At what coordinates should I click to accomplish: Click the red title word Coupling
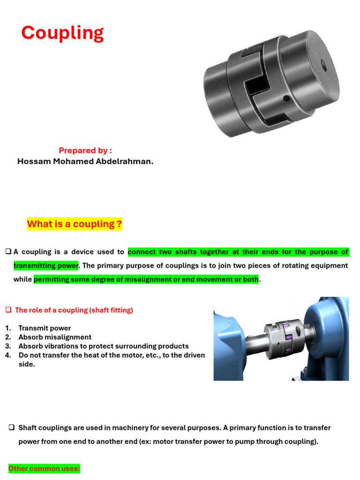point(62,33)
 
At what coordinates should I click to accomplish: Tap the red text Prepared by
point(85,150)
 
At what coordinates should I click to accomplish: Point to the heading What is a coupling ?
point(75,224)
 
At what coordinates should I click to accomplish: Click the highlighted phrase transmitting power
point(45,266)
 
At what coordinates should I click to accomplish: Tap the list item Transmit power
point(45,328)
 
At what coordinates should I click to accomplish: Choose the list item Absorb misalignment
point(55,337)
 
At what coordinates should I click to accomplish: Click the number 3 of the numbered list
point(8,346)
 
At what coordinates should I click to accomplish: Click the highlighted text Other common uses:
point(44,468)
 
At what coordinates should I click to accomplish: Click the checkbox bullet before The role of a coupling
point(8,310)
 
